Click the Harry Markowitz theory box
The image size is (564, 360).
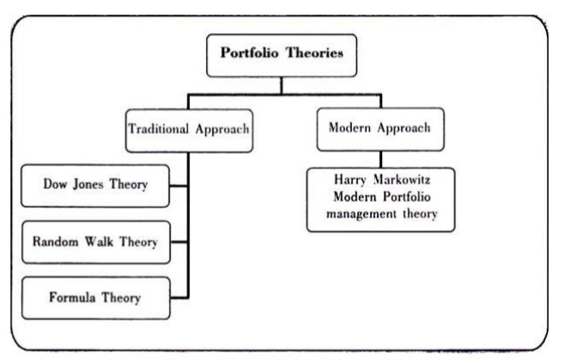381,198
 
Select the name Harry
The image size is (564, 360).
349,182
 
